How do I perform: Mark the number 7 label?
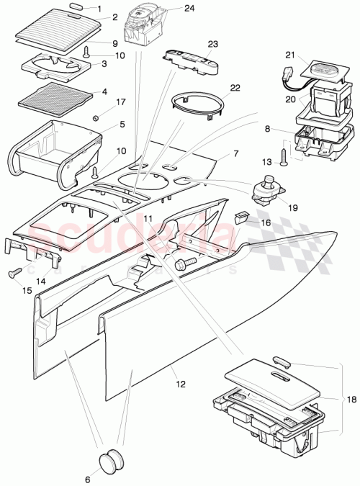(235, 155)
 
